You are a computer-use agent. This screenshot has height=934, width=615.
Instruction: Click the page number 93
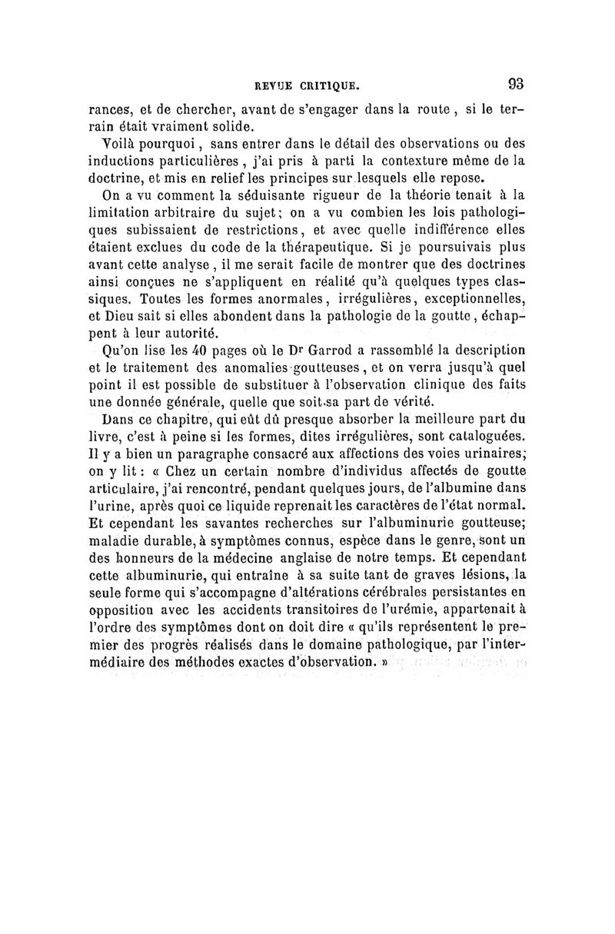[514, 82]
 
